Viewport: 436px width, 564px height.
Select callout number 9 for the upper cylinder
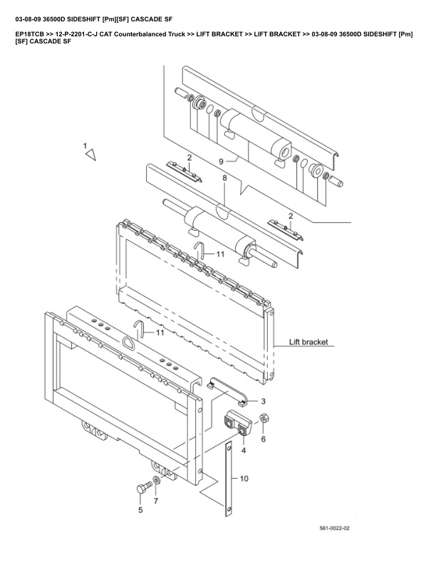pyautogui.click(x=222, y=161)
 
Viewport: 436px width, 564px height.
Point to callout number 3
pyautogui.click(x=263, y=401)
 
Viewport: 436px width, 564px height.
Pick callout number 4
pyautogui.click(x=244, y=450)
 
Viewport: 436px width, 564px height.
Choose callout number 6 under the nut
pyautogui.click(x=263, y=439)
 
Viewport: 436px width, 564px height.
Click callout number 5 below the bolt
pyautogui.click(x=140, y=510)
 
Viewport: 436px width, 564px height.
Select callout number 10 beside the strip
pyautogui.click(x=244, y=479)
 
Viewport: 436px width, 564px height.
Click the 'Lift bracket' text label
pyautogui.click(x=308, y=342)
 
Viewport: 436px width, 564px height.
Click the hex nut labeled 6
pyautogui.click(x=263, y=419)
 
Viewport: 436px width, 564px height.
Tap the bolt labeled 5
pyautogui.click(x=141, y=489)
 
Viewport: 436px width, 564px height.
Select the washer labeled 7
pyautogui.click(x=156, y=482)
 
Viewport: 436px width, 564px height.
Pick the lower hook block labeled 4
pyautogui.click(x=239, y=424)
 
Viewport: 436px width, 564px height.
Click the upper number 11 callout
pyautogui.click(x=221, y=254)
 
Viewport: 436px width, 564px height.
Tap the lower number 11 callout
pyautogui.click(x=160, y=333)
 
